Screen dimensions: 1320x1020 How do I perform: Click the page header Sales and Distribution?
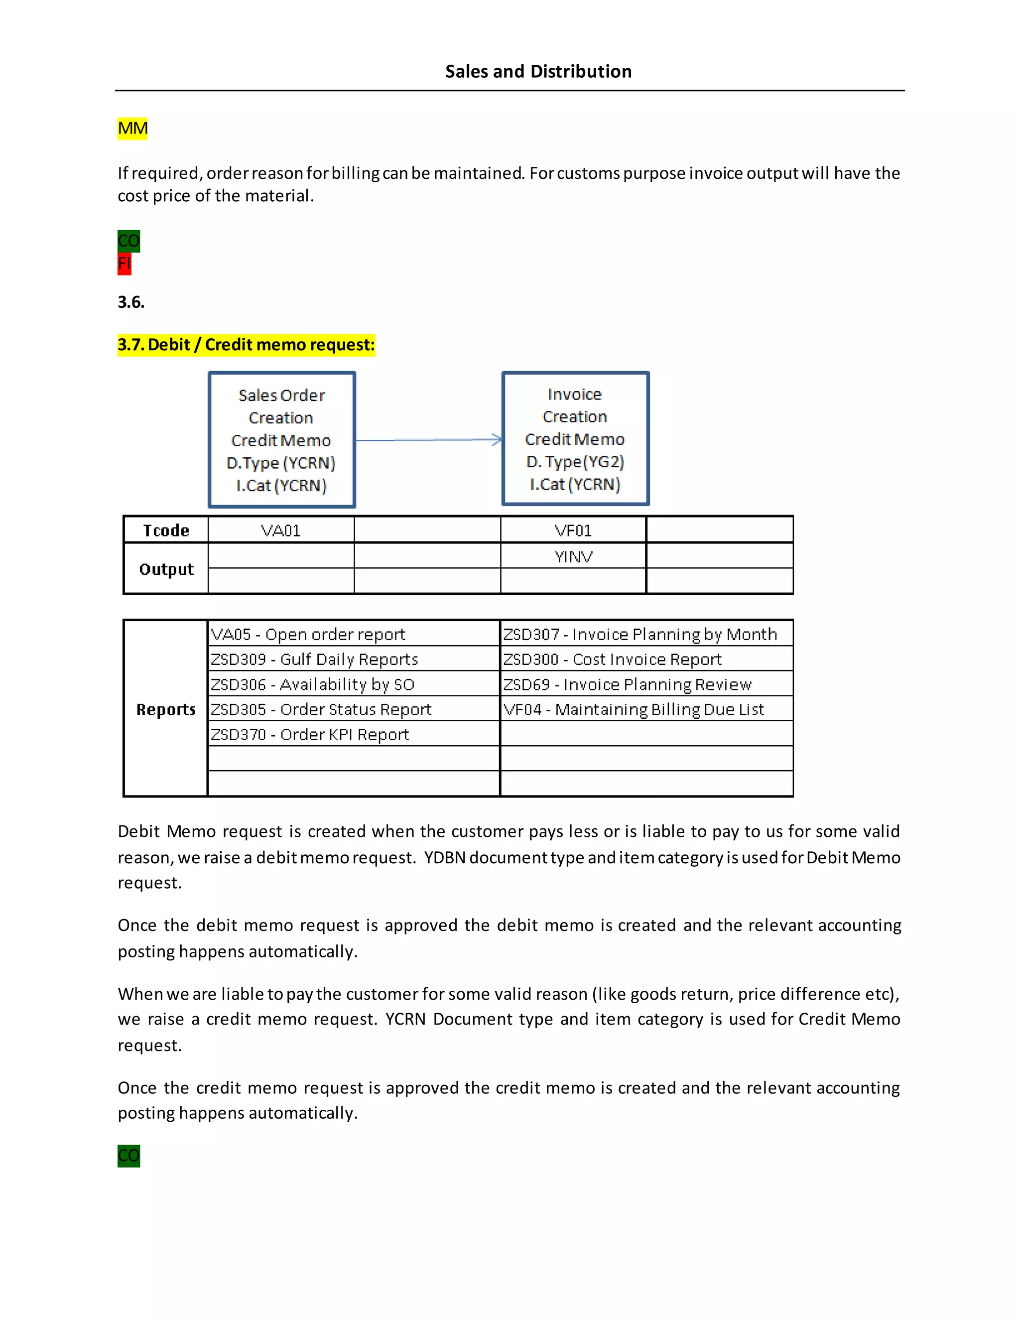click(x=538, y=71)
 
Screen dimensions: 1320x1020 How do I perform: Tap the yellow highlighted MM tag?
click(x=132, y=129)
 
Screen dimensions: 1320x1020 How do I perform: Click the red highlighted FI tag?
click(x=124, y=264)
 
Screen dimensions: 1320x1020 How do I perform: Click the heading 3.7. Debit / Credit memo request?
click(x=246, y=345)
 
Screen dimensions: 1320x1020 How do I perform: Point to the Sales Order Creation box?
click(x=281, y=439)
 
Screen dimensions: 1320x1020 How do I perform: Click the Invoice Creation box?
click(x=575, y=438)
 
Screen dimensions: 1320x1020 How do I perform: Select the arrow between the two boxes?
click(x=428, y=440)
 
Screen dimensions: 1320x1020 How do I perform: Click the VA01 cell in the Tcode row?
click(x=281, y=530)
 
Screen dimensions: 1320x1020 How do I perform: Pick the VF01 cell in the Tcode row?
click(x=573, y=530)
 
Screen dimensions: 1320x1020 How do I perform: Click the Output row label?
click(x=166, y=569)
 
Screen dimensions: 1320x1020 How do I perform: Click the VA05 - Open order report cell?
click(x=308, y=634)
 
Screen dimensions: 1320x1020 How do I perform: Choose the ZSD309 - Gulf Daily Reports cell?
click(x=314, y=659)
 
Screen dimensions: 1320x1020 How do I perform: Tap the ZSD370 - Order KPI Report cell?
click(x=310, y=734)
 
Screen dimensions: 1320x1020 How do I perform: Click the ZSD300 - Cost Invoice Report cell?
click(x=612, y=659)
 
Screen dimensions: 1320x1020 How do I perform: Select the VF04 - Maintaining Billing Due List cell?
click(x=634, y=709)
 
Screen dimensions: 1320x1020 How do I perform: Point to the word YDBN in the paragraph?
click(x=444, y=857)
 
